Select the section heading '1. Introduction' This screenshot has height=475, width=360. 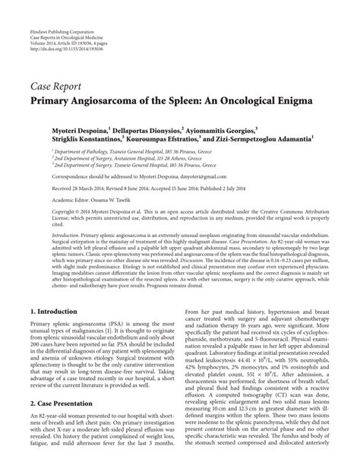55,312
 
